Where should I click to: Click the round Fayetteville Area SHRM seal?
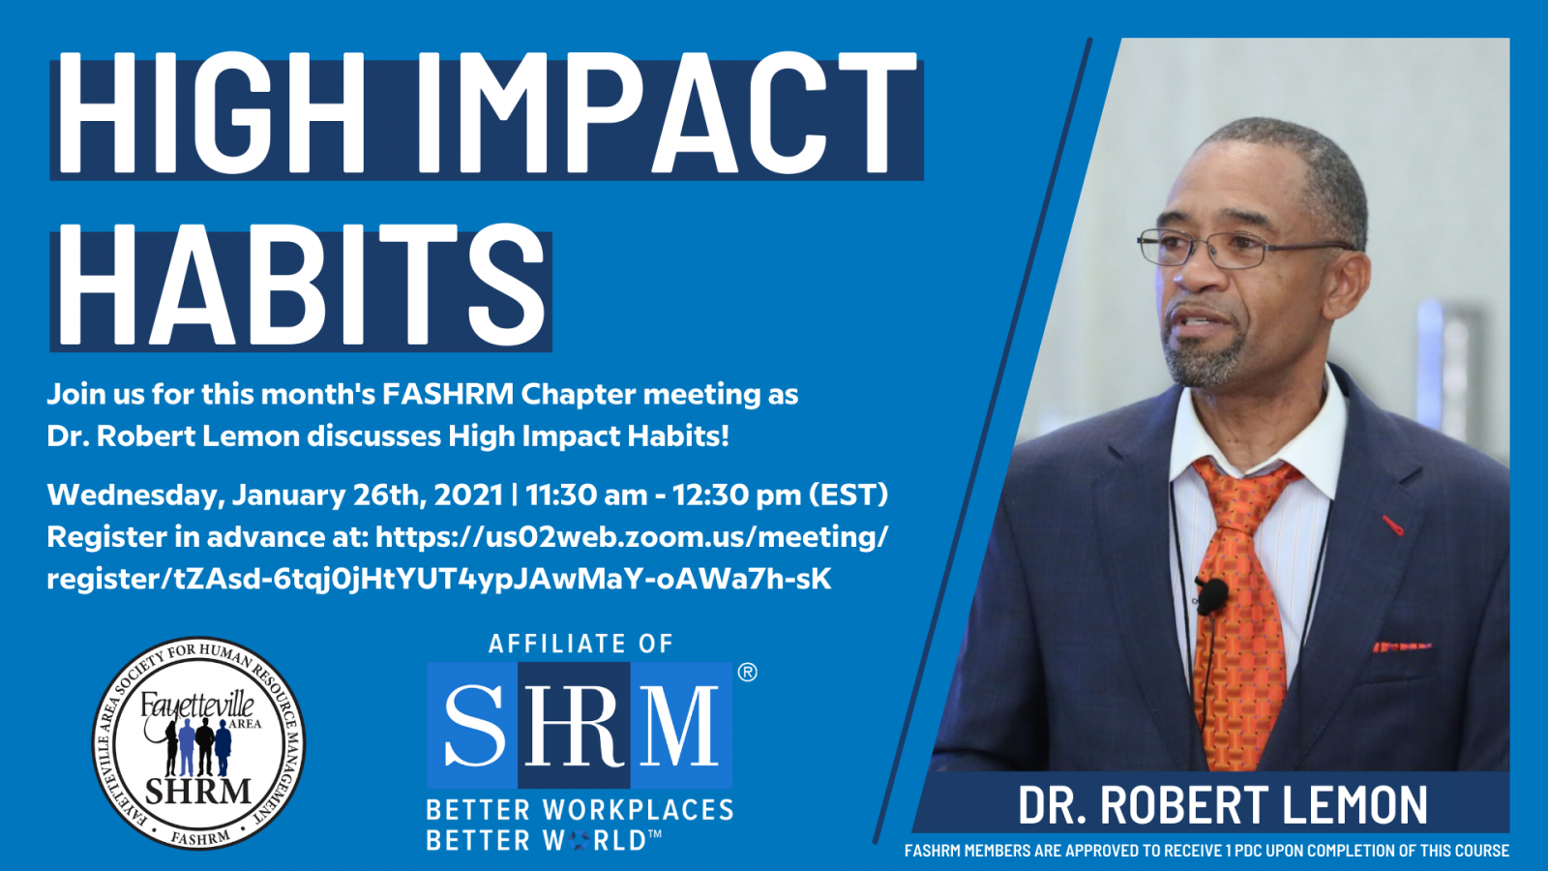(198, 742)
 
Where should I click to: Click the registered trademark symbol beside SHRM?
(747, 672)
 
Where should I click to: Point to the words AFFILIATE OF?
(580, 644)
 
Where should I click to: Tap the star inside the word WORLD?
(581, 840)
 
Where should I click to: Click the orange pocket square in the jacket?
(1401, 646)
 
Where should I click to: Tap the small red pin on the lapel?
(1392, 525)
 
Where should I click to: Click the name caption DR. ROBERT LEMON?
(1223, 804)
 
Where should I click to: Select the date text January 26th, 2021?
(367, 495)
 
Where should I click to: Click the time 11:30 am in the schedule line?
(586, 495)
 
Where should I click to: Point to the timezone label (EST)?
(848, 495)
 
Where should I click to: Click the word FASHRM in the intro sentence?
(448, 394)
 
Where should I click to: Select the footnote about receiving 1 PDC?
(1206, 851)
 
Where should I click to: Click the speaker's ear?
(1348, 284)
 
